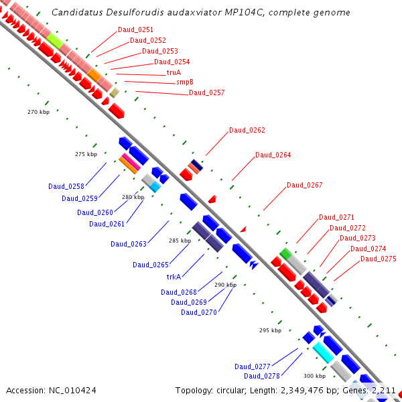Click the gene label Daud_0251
pos(135,29)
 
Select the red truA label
pos(174,72)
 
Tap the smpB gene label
pos(184,82)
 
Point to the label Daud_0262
pos(247,130)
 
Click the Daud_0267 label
pos(305,185)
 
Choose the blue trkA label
pos(174,276)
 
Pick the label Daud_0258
pos(66,186)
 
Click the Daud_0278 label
pos(262,376)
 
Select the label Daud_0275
pos(379,259)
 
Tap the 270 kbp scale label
pos(38,112)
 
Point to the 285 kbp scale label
pos(180,241)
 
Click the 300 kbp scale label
pos(314,376)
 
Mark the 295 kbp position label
pos(270,330)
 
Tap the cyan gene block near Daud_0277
pos(323,350)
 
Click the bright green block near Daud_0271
pos(285,253)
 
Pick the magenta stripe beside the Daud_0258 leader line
pos(131,161)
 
